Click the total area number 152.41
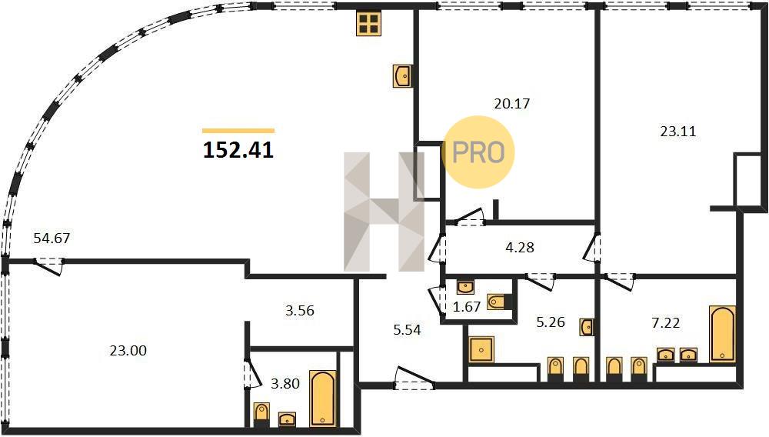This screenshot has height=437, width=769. click(x=238, y=150)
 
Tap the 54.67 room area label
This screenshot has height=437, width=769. click(x=52, y=239)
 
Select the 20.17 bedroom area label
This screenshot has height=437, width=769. click(x=512, y=104)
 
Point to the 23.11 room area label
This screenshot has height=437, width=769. click(x=678, y=132)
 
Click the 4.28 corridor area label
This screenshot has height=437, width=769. click(x=520, y=248)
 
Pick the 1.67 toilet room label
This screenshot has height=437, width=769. click(x=467, y=307)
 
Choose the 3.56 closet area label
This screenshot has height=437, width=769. click(x=300, y=311)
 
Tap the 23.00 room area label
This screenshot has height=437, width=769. click(x=128, y=351)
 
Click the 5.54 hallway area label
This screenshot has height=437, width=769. click(x=407, y=330)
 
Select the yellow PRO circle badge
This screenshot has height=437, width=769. click(x=478, y=152)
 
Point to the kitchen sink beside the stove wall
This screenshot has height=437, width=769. click(x=402, y=76)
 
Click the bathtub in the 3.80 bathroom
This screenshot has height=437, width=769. click(x=323, y=399)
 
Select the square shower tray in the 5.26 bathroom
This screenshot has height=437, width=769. click(x=481, y=350)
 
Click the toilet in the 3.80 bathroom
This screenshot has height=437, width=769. click(x=261, y=413)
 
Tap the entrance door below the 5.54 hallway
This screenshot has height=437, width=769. click(x=415, y=379)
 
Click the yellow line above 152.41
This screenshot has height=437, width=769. click(x=238, y=131)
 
